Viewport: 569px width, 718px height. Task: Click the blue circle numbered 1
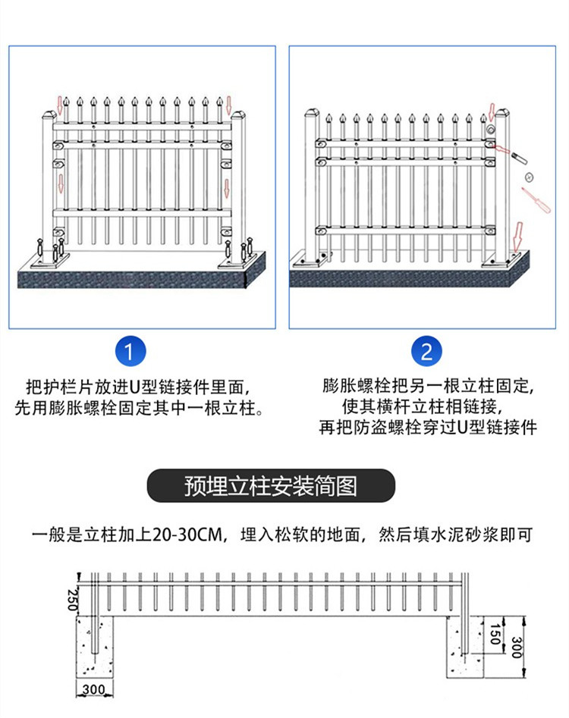[x=129, y=352]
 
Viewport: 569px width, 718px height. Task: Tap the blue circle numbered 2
[x=426, y=352]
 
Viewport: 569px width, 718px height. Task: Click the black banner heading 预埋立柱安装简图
[x=271, y=486]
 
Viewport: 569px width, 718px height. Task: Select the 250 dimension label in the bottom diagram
[x=72, y=600]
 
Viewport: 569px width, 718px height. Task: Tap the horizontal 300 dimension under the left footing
[x=94, y=689]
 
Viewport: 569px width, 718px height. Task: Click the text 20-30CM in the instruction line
[x=188, y=535]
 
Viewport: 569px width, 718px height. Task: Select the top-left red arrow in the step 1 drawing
[x=61, y=101]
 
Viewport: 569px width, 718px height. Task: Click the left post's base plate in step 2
[x=313, y=260]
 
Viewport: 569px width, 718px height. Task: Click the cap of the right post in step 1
[x=240, y=117]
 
